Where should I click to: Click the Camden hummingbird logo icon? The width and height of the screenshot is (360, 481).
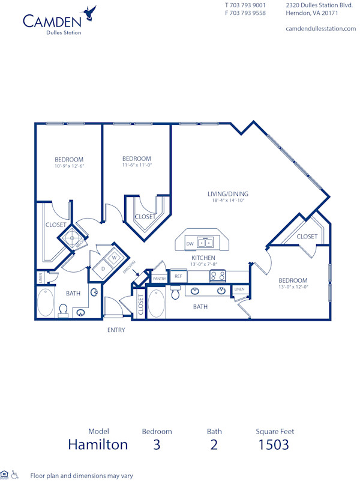[90, 11]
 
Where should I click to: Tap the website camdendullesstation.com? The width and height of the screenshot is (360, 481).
[320, 29]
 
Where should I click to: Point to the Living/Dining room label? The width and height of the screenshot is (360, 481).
[228, 194]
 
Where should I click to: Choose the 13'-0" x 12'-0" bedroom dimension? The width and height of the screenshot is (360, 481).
[293, 287]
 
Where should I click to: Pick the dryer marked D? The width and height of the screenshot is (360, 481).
[103, 268]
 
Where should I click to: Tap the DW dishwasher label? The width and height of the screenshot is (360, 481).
[190, 244]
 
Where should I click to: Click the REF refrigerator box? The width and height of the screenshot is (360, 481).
[178, 276]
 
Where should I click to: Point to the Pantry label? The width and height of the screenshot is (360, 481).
[159, 279]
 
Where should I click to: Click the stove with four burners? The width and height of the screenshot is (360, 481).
[217, 276]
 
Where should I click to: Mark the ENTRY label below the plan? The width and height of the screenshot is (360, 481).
[116, 330]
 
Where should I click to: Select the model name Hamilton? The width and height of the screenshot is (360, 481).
[98, 444]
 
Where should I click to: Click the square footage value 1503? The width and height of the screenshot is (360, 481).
[274, 444]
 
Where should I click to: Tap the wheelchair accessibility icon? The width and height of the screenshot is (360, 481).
[15, 475]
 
